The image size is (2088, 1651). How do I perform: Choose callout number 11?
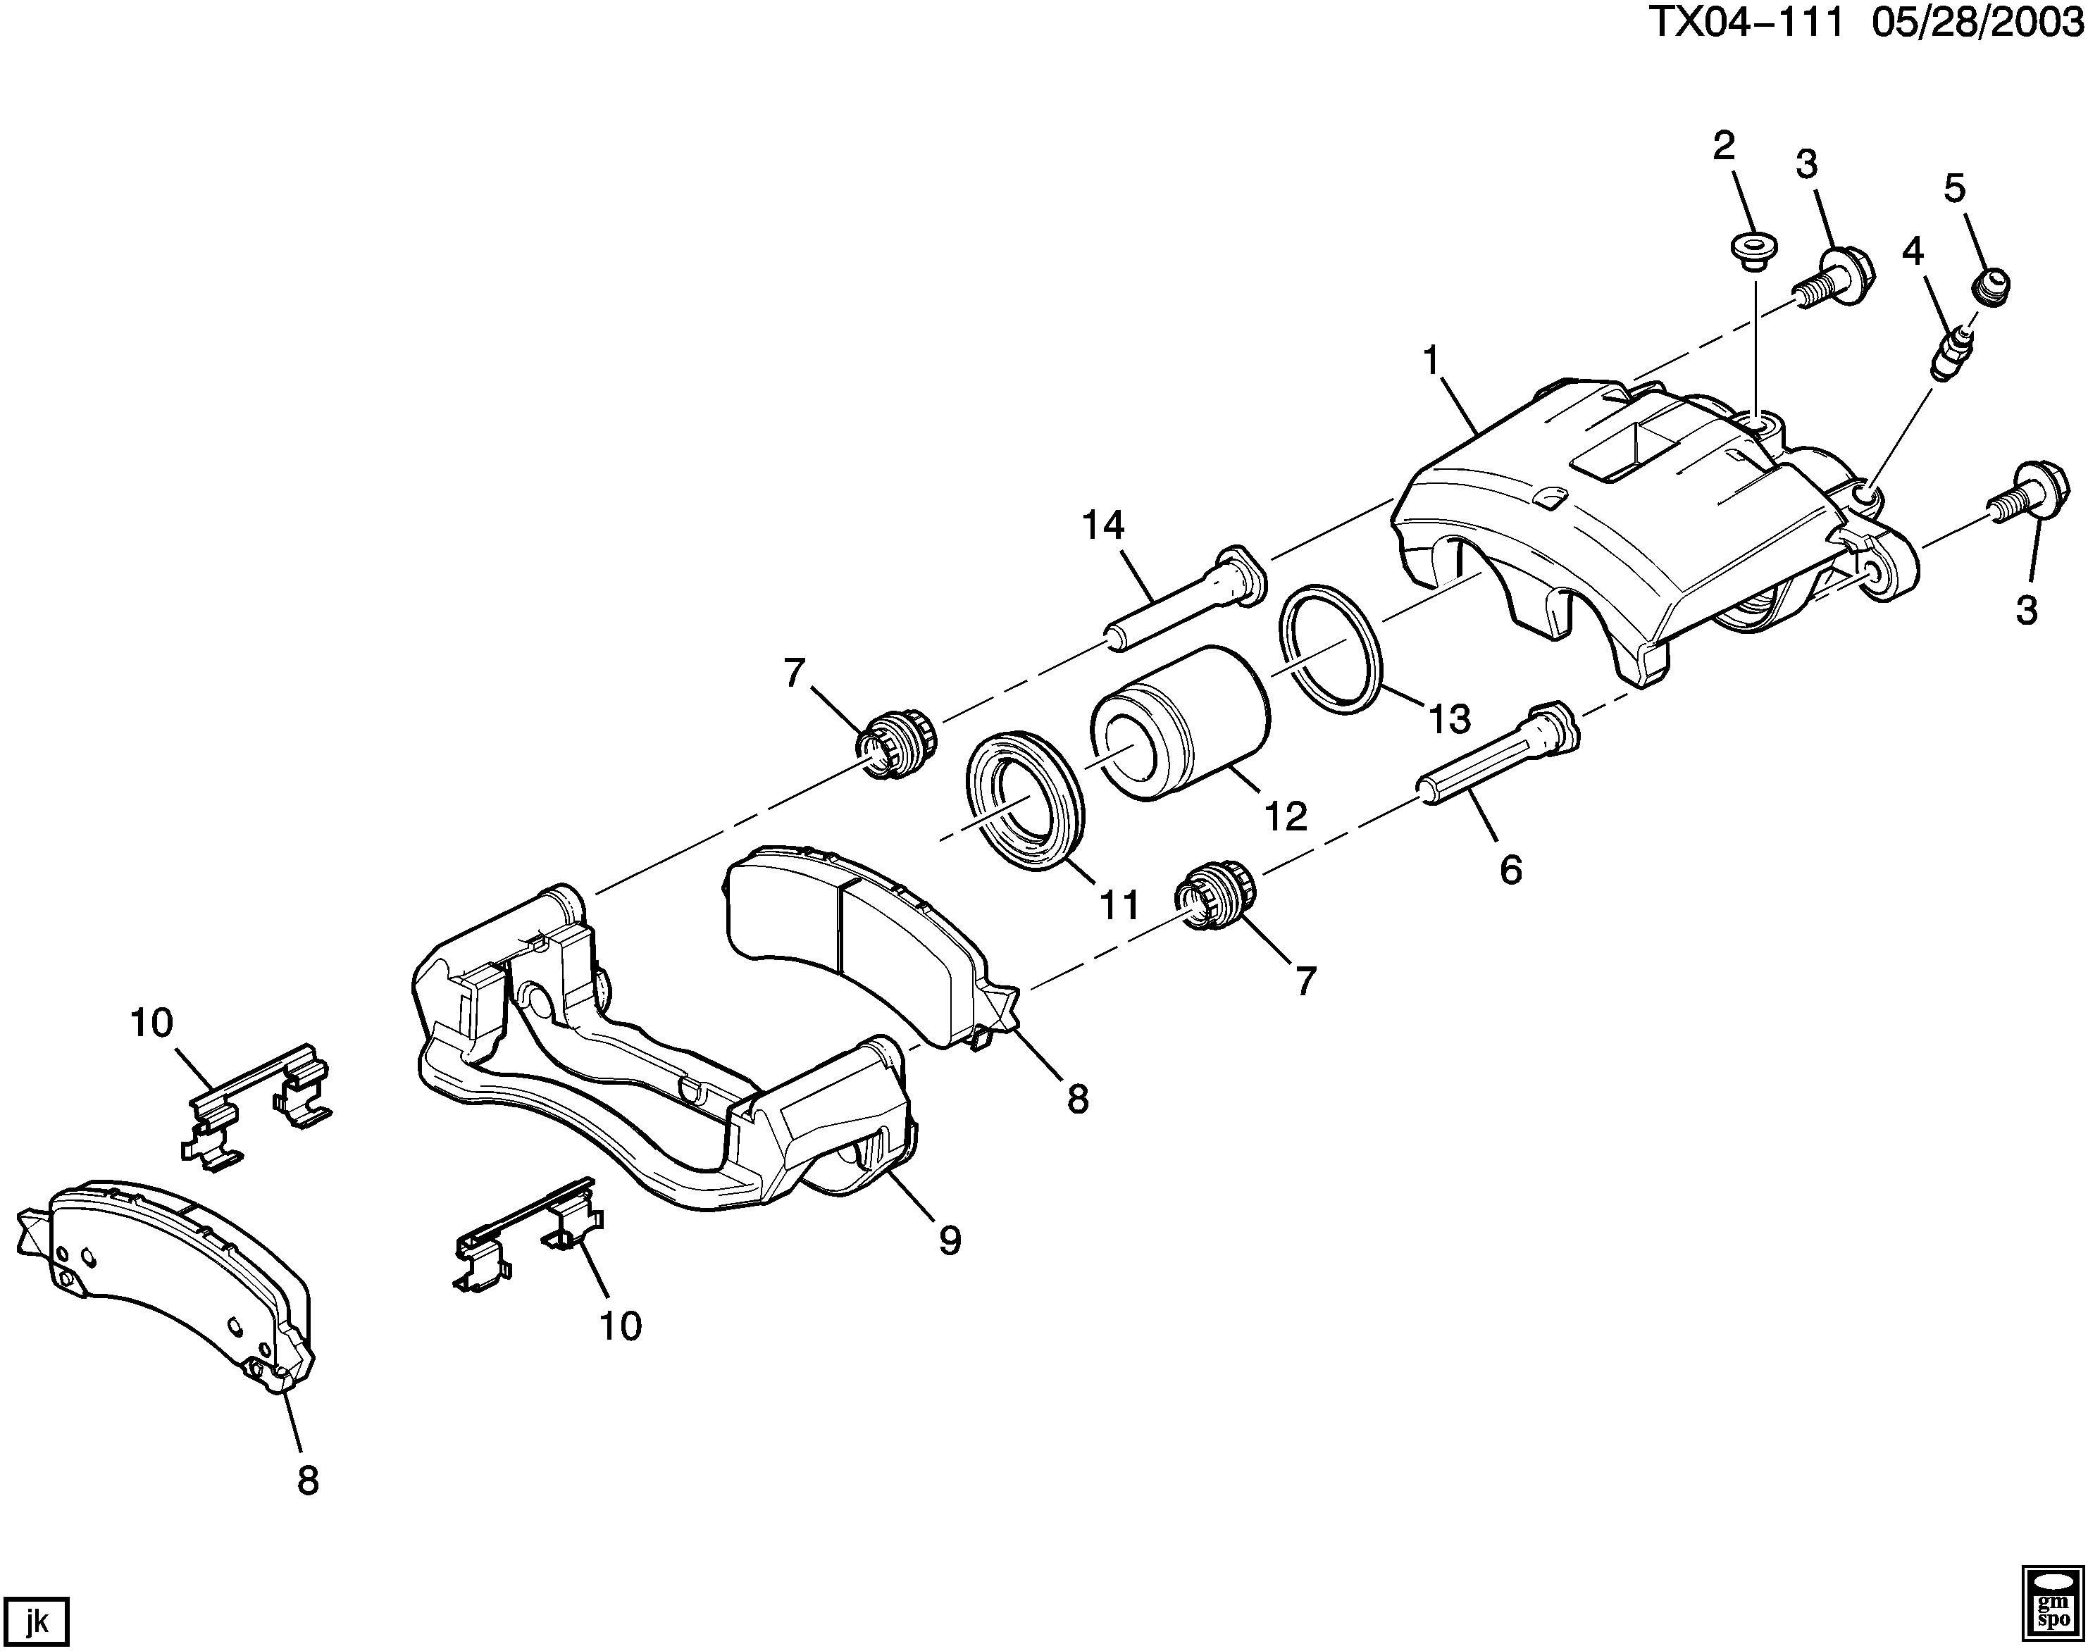(x=1119, y=906)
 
